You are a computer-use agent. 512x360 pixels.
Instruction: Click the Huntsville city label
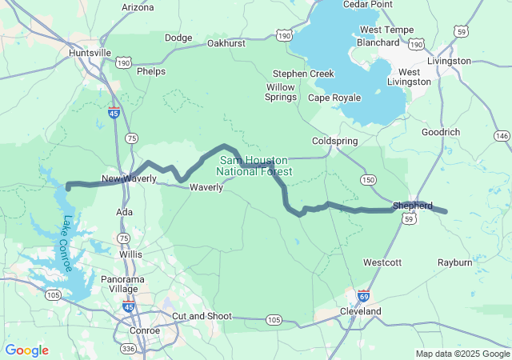(x=90, y=52)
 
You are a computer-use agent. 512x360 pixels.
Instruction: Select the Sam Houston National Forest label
(x=254, y=166)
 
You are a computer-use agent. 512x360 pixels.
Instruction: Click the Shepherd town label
(x=412, y=206)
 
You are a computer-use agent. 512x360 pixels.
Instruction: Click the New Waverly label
(x=128, y=178)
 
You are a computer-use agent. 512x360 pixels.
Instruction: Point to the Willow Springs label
(x=280, y=92)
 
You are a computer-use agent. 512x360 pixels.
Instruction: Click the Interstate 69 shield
(x=363, y=295)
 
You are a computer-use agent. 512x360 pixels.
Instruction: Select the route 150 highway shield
(x=367, y=179)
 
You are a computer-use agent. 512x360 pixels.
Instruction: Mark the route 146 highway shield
(x=501, y=137)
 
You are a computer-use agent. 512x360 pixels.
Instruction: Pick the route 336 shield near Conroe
(x=127, y=349)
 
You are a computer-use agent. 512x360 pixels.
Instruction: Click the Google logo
(x=26, y=350)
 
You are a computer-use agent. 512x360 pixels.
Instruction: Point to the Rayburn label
(x=454, y=262)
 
